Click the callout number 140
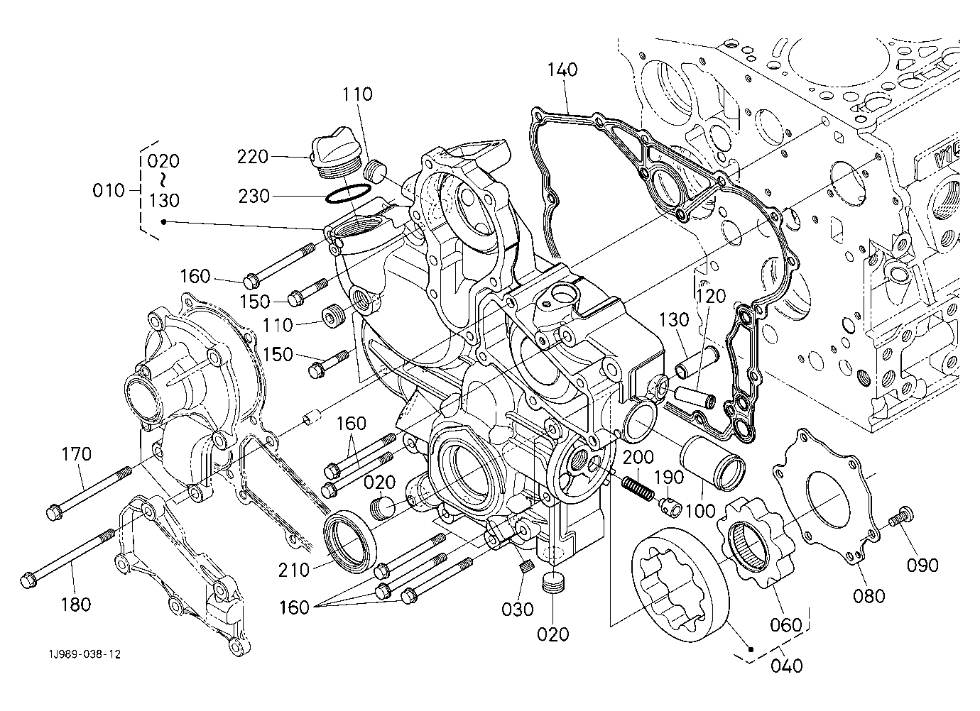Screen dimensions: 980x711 click(562, 70)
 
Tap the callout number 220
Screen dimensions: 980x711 click(252, 157)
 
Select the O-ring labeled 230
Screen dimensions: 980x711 click(348, 194)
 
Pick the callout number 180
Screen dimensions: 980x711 click(76, 605)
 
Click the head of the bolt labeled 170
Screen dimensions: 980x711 click(54, 512)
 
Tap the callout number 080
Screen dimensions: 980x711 click(869, 596)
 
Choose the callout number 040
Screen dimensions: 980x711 click(787, 666)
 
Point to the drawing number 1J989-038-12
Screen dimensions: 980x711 click(85, 655)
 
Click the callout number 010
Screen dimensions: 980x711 click(109, 191)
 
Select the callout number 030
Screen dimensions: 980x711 click(518, 609)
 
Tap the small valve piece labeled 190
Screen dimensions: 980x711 click(670, 507)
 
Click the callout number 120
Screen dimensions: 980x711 click(711, 297)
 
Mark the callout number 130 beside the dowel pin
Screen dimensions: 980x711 click(674, 319)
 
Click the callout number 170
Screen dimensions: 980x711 click(76, 454)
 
